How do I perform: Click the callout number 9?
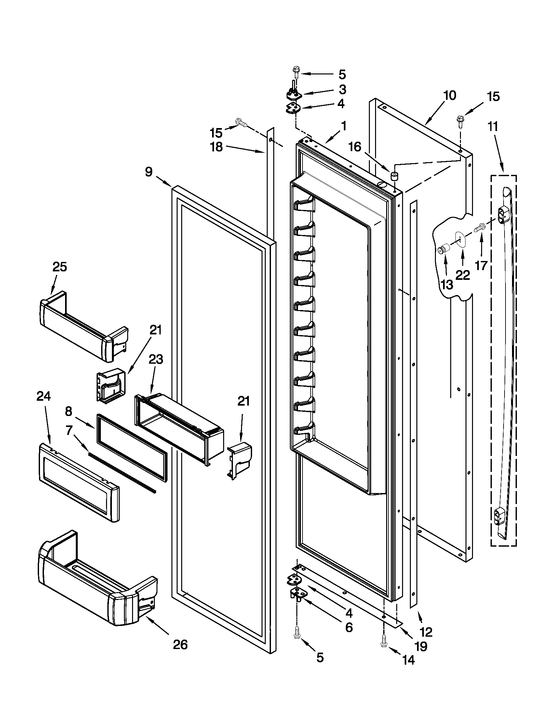[x=149, y=172]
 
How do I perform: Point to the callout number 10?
[x=450, y=96]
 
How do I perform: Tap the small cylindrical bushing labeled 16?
[x=394, y=176]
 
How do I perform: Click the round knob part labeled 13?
[x=444, y=250]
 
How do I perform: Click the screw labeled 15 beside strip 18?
[x=241, y=123]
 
